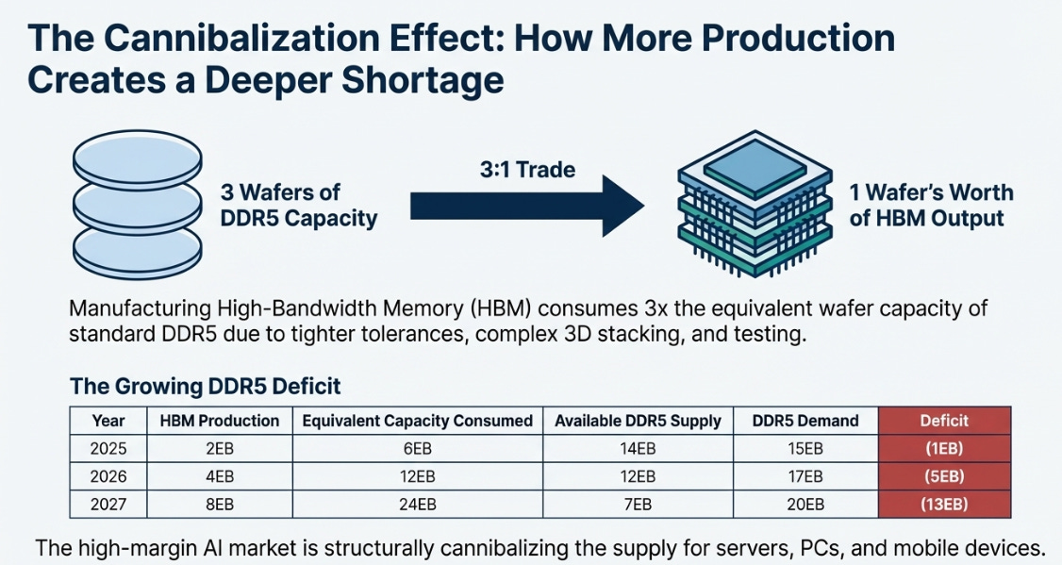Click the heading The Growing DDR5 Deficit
206,386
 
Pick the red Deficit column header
944,421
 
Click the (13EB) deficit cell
944,505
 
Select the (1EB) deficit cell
944,449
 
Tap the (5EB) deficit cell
944,476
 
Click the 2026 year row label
109,476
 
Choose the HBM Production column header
219,421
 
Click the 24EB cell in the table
417,505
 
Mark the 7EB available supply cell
639,505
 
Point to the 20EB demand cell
805,505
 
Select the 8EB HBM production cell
219,505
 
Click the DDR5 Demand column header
805,421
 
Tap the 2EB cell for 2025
219,449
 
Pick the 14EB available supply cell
639,449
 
